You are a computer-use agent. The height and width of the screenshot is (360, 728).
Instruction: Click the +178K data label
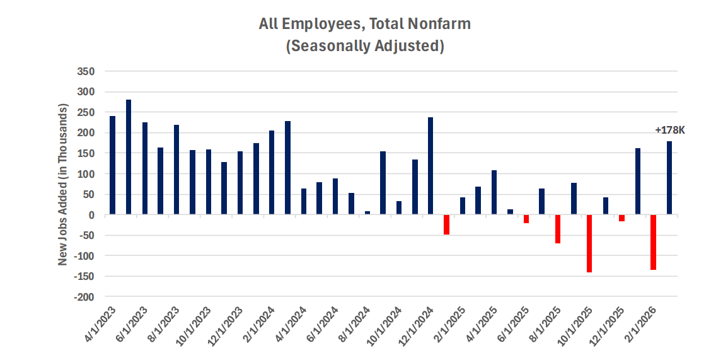(x=669, y=131)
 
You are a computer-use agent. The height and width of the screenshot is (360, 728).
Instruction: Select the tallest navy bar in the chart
(x=129, y=157)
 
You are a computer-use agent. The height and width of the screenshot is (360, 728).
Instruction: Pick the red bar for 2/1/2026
(x=654, y=242)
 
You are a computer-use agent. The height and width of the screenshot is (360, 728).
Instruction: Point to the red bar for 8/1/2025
(x=558, y=229)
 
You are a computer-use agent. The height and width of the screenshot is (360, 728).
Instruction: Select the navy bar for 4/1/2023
(x=113, y=165)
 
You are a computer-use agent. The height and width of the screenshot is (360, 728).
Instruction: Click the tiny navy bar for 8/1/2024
(x=367, y=213)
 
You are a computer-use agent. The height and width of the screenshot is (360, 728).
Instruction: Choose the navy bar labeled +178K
(x=669, y=178)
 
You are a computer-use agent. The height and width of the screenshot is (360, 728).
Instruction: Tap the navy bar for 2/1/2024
(x=272, y=173)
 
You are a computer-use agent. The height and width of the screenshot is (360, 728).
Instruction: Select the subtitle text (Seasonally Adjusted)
(x=365, y=47)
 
